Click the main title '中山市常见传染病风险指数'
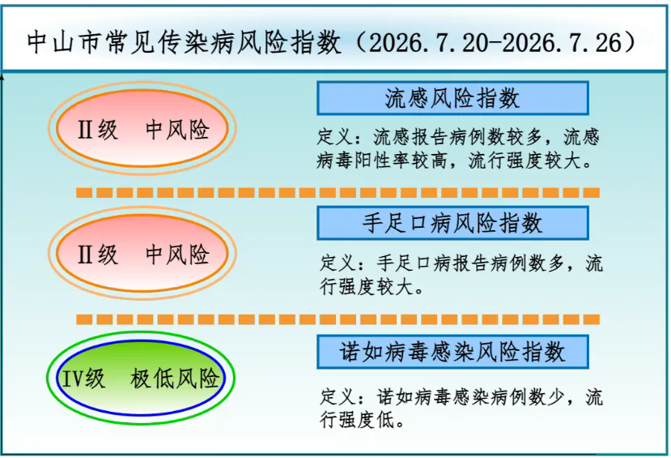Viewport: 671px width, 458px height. (x=184, y=42)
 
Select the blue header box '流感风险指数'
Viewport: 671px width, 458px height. (x=452, y=98)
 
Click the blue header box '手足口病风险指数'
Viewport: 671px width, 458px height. (x=452, y=223)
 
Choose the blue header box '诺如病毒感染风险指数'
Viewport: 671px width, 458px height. (x=452, y=352)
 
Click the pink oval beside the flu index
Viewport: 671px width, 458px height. (x=142, y=128)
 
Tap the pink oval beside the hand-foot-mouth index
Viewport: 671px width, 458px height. (x=142, y=253)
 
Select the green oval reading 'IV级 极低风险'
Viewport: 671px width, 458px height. (x=141, y=378)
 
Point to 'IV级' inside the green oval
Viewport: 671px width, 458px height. (x=84, y=379)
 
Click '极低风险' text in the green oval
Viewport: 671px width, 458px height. (x=175, y=379)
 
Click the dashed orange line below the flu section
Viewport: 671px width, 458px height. (x=338, y=193)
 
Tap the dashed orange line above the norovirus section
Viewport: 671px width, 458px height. (x=338, y=319)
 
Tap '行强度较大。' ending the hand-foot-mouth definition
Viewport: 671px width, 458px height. (x=372, y=287)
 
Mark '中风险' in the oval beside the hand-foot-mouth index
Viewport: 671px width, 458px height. (x=177, y=254)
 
